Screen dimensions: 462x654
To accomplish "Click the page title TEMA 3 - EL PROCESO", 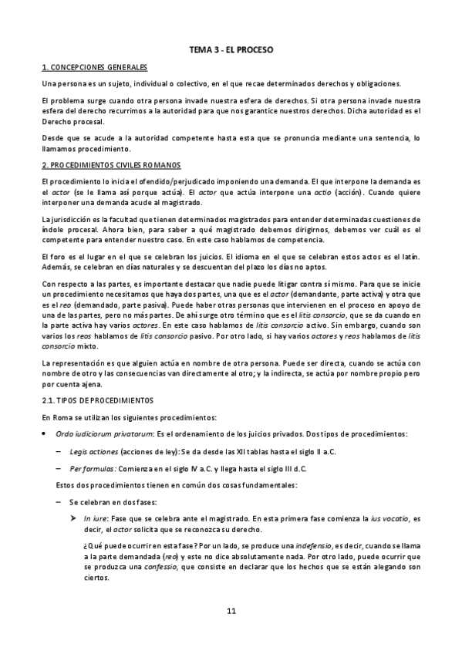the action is pos(231,49).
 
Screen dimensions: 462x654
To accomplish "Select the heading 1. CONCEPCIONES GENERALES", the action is pos(94,68).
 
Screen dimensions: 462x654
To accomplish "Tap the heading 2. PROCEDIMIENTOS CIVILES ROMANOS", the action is pos(111,165).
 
